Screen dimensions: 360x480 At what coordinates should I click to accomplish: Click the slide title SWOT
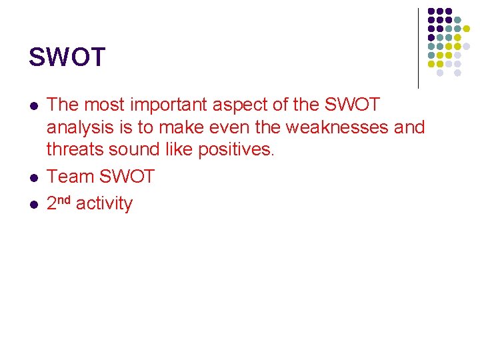tap(67, 57)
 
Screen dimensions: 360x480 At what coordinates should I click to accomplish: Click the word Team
tap(70, 177)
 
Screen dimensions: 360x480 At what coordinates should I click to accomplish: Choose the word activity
tap(104, 204)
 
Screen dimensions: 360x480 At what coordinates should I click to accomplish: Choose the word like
tap(181, 150)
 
